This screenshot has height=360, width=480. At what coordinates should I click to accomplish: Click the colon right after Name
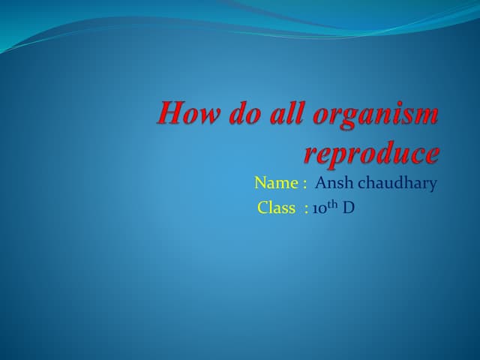(x=305, y=184)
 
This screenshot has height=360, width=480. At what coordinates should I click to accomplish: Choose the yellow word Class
(x=276, y=208)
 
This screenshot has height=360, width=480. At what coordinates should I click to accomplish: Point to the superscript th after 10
(x=332, y=204)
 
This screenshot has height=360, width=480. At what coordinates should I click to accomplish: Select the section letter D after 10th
(x=348, y=208)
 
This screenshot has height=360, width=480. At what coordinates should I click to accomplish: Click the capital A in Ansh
(x=321, y=183)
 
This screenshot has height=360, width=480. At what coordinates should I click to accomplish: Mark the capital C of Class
(x=262, y=208)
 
